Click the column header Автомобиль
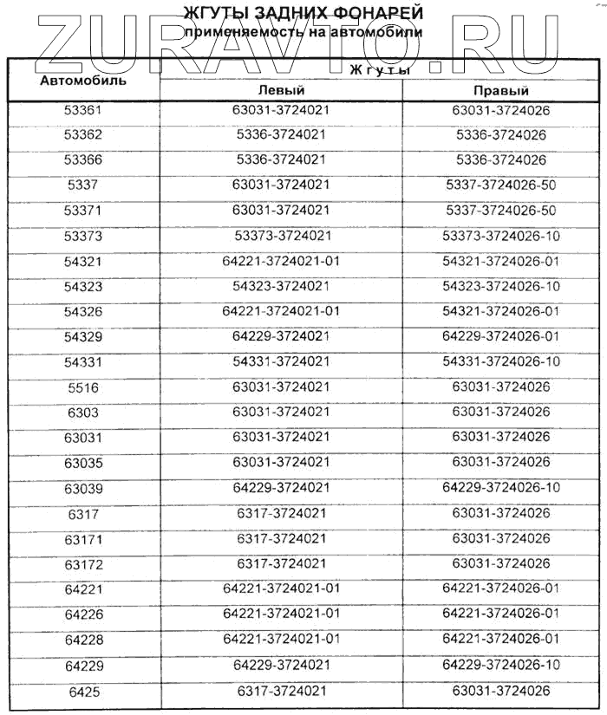(x=83, y=81)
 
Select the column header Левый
(x=282, y=90)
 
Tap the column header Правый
(x=501, y=90)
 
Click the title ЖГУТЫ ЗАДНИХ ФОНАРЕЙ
(x=303, y=13)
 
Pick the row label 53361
(x=83, y=111)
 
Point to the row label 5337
(x=83, y=185)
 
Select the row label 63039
(x=83, y=488)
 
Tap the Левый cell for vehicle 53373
(x=282, y=236)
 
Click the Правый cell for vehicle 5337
(x=501, y=185)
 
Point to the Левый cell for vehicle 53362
(x=282, y=135)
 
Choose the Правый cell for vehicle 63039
(x=501, y=488)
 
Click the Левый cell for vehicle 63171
(x=282, y=538)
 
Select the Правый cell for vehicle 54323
(x=501, y=286)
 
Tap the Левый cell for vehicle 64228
(x=282, y=639)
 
